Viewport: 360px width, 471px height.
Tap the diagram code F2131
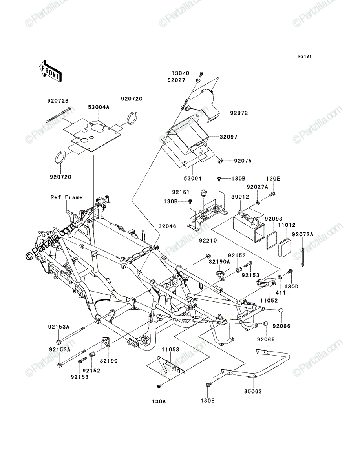(305, 57)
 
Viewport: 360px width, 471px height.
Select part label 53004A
(99, 107)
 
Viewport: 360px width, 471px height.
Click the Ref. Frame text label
(66, 197)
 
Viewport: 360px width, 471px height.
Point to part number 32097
(228, 137)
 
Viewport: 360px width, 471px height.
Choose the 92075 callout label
(243, 161)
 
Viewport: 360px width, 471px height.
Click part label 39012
(240, 197)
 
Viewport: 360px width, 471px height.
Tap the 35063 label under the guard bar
(253, 392)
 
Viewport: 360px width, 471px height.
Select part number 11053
(170, 350)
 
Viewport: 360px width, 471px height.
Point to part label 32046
(168, 226)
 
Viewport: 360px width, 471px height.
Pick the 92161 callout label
(181, 192)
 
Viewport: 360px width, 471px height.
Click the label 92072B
(58, 101)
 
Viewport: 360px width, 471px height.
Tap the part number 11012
(287, 225)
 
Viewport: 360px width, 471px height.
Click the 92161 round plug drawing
(203, 193)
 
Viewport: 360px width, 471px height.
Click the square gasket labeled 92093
(271, 240)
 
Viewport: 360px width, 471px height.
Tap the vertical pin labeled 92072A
(303, 257)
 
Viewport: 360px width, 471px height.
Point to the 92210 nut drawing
(208, 256)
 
